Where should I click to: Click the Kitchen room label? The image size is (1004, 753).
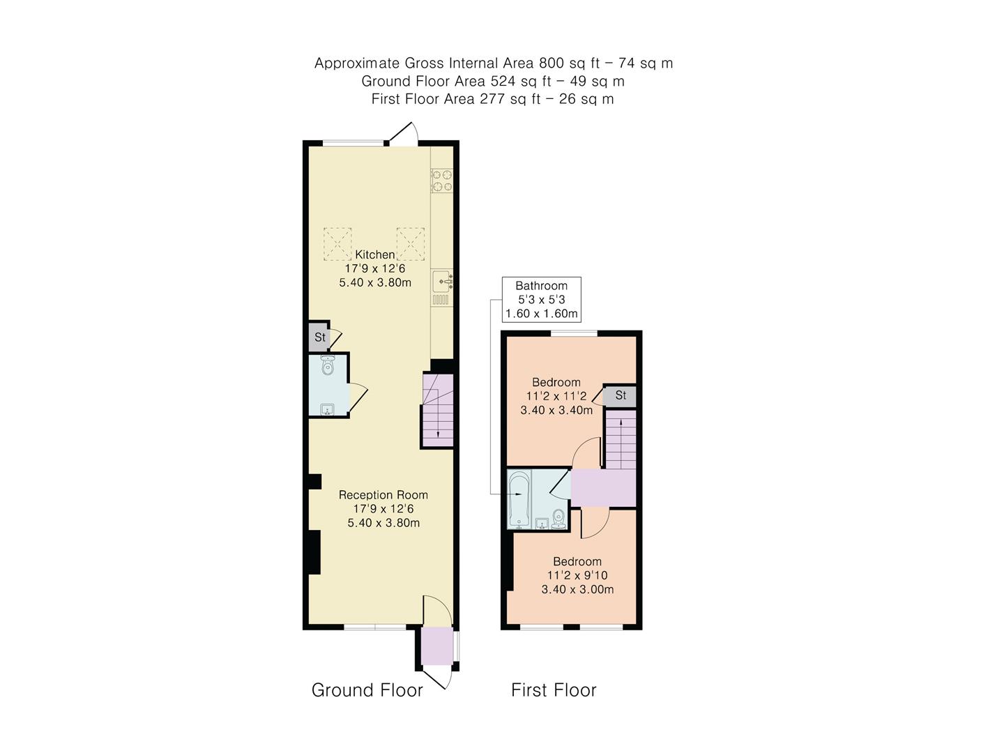tap(374, 254)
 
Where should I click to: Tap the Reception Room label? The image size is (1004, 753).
tap(383, 495)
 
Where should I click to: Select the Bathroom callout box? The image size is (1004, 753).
tap(541, 299)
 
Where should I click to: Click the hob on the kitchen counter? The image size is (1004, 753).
tap(441, 181)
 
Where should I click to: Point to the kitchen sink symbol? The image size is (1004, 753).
tap(442, 282)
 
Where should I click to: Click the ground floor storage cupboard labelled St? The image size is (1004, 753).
tap(319, 337)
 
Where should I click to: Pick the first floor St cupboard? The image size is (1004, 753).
tap(620, 396)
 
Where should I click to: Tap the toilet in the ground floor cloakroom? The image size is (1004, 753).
tap(328, 366)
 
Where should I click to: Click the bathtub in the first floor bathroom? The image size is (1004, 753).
tap(519, 499)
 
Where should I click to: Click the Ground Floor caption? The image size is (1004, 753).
tap(367, 690)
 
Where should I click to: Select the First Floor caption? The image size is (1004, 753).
tap(554, 690)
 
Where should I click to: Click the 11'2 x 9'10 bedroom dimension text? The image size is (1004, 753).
tap(577, 576)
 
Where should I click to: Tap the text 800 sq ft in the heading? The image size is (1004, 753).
tap(573, 63)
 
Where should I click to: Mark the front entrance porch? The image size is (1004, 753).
tap(436, 646)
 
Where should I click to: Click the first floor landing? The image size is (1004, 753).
tap(603, 488)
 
